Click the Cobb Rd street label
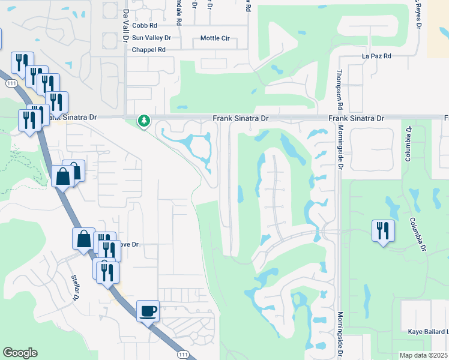pyautogui.click(x=145, y=26)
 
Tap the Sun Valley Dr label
pyautogui.click(x=151, y=38)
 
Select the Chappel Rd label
pyautogui.click(x=148, y=50)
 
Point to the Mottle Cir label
pyautogui.click(x=215, y=38)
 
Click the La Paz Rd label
pyautogui.click(x=376, y=56)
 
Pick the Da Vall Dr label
pyautogui.click(x=125, y=25)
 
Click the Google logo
pyautogui.click(x=20, y=353)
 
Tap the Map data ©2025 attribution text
pyautogui.click(x=424, y=355)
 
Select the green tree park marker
pyautogui.click(x=143, y=121)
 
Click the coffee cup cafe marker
pyautogui.click(x=148, y=311)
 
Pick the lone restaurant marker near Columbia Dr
pyautogui.click(x=383, y=231)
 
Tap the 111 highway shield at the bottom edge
pyautogui.click(x=183, y=355)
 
